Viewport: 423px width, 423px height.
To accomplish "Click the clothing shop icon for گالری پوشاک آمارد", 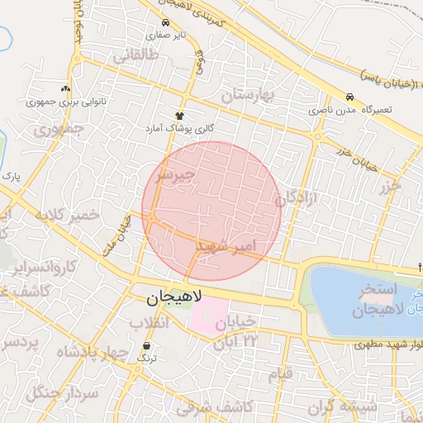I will tap(179, 116).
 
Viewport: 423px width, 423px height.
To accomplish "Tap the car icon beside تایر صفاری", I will tap(167, 23).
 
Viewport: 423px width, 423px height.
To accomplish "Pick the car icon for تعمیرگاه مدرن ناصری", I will tap(350, 97).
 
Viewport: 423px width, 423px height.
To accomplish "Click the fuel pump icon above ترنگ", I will tap(147, 345).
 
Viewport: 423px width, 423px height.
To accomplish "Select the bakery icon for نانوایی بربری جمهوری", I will tap(65, 88).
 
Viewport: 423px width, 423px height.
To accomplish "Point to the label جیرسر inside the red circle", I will tap(175, 175).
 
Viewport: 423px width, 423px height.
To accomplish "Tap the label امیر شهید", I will tap(226, 246).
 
